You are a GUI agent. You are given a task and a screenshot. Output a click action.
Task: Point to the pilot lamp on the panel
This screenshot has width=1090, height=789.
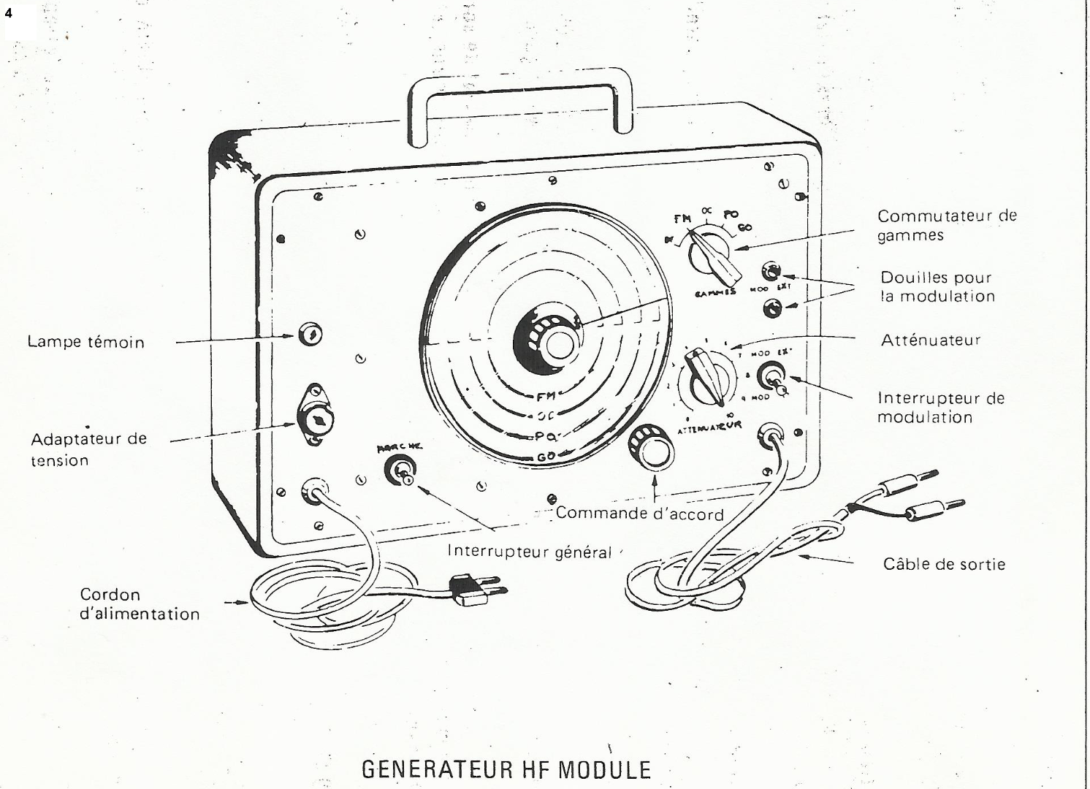click(310, 336)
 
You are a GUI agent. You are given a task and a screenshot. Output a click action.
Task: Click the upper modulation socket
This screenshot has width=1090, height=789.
click(771, 272)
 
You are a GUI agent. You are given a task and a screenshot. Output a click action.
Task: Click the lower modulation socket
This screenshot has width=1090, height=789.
click(771, 308)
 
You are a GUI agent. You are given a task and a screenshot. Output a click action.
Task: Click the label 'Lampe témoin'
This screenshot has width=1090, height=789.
click(86, 341)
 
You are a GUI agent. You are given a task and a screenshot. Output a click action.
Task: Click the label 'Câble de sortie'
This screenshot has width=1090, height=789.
click(944, 563)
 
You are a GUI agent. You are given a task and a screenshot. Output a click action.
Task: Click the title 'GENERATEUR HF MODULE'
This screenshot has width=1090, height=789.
click(506, 770)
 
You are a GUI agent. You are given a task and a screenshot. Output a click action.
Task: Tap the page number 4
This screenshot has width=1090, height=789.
click(9, 12)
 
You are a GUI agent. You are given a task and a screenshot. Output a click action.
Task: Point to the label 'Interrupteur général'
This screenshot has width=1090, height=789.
click(529, 552)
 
